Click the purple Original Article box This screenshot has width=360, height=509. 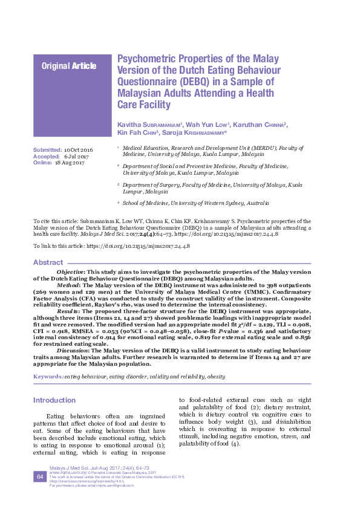point(69,66)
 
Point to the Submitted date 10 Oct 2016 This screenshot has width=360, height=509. point(79,149)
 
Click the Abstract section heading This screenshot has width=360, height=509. point(48,262)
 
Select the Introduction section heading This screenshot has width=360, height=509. point(54,400)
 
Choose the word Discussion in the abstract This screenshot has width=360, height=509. point(73,350)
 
